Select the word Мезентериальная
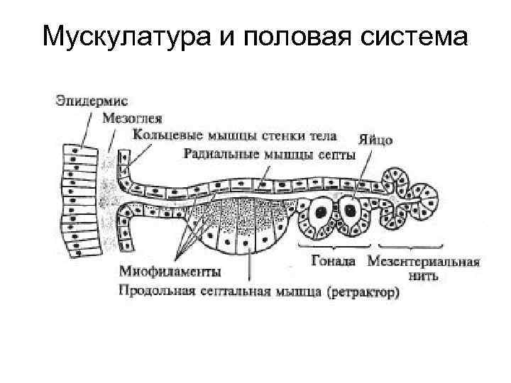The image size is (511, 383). coord(424,260)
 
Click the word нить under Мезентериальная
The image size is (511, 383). coord(424,275)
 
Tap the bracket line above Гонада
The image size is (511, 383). coord(333,247)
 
